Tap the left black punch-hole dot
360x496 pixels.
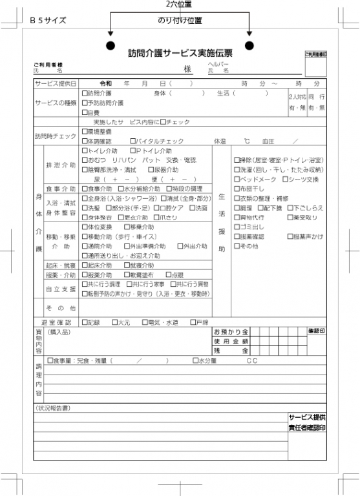(x=111, y=46)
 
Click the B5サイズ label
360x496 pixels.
(x=48, y=20)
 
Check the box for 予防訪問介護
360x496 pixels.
(x=85, y=103)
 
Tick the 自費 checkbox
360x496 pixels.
(x=85, y=112)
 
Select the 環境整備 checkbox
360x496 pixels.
(x=85, y=131)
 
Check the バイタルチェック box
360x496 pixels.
(x=132, y=141)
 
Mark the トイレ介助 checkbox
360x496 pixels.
(x=85, y=150)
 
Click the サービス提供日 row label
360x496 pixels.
(x=56, y=84)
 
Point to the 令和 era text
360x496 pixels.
(x=106, y=84)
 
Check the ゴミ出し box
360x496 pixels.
(x=237, y=227)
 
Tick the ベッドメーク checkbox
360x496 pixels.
(x=237, y=179)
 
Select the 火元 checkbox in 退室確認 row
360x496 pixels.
(x=114, y=322)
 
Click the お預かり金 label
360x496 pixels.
(x=230, y=331)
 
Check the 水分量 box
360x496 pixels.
(x=195, y=360)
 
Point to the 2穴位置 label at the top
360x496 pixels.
(x=179, y=5)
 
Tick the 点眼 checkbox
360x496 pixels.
(x=167, y=274)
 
